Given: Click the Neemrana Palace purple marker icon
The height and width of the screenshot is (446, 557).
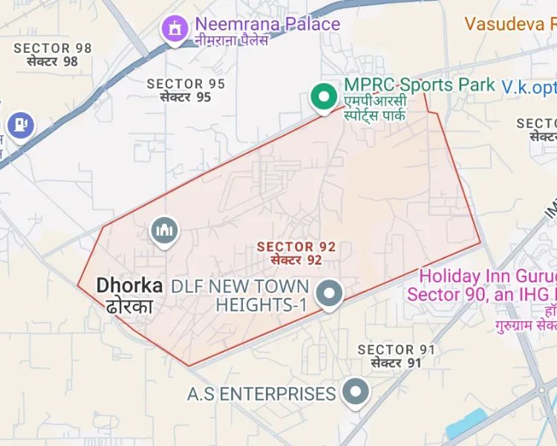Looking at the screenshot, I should click(x=175, y=29).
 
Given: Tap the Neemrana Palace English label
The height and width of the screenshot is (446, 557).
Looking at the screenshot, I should click(x=268, y=24).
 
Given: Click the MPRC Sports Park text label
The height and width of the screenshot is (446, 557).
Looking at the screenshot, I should click(x=420, y=85).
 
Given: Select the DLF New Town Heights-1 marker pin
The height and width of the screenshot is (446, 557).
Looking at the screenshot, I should click(x=328, y=294).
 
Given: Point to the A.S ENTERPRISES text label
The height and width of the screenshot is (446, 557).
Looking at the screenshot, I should click(x=261, y=393).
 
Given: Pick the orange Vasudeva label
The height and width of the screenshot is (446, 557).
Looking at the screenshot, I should click(x=511, y=23).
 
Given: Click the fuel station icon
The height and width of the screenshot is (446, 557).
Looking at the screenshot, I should click(x=19, y=124).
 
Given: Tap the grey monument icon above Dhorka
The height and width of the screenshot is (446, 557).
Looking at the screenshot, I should click(x=164, y=230).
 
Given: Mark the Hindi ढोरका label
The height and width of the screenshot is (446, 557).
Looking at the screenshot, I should click(x=129, y=306).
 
